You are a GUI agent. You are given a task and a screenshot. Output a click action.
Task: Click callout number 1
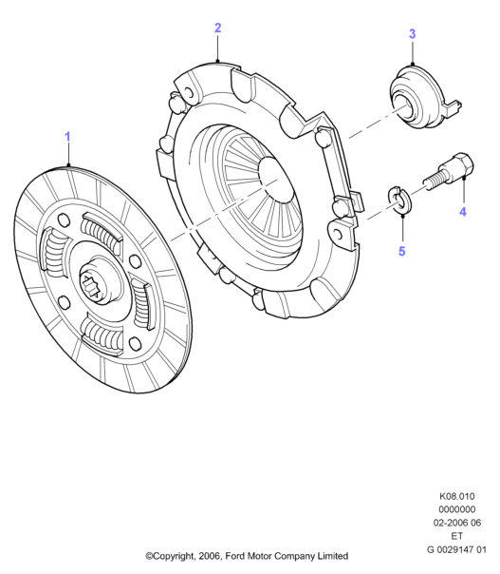pyautogui.click(x=67, y=137)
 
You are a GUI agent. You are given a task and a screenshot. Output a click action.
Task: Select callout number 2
pyautogui.click(x=218, y=29)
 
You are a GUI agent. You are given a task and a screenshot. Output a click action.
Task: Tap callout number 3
pyautogui.click(x=413, y=34)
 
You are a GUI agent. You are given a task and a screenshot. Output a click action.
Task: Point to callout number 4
pyautogui.click(x=463, y=212)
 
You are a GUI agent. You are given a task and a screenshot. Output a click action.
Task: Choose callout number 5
pyautogui.click(x=402, y=252)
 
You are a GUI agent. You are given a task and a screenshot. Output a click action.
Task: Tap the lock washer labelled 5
pyautogui.click(x=399, y=201)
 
